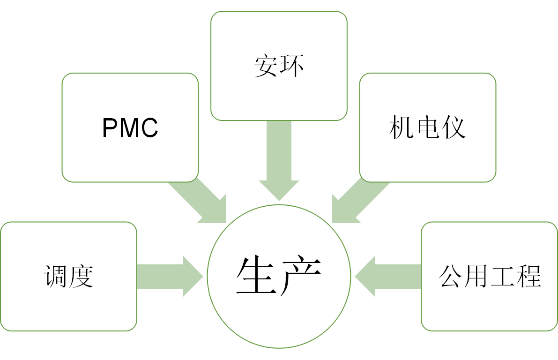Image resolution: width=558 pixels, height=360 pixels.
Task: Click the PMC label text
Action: click(x=130, y=127)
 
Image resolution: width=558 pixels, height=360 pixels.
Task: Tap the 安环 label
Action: click(x=279, y=67)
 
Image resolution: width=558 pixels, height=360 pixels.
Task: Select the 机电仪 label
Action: click(x=427, y=127)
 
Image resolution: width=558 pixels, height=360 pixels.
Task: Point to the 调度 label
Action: click(x=69, y=277)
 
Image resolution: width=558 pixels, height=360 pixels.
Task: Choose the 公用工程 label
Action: click(x=490, y=277)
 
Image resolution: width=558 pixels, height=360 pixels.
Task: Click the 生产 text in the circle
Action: click(x=279, y=277)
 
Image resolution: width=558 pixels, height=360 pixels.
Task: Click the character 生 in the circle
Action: click(x=257, y=277)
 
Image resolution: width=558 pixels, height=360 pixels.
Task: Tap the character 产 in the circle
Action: click(x=300, y=277)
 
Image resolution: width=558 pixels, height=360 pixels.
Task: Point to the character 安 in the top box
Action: click(x=266, y=67)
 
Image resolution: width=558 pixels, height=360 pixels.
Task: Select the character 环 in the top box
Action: click(x=291, y=67)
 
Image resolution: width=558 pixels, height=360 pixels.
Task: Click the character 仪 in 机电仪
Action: click(x=454, y=127)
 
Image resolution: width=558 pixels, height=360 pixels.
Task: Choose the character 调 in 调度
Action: click(x=56, y=277)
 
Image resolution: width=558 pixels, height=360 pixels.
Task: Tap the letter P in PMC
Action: click(x=109, y=127)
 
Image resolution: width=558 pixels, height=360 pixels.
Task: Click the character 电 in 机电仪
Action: click(x=427, y=127)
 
